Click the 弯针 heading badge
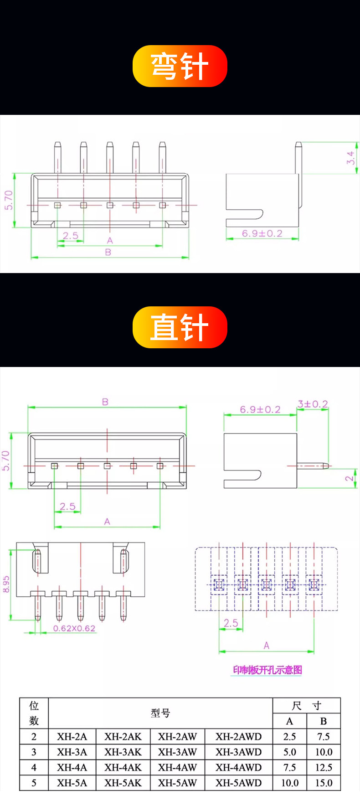(180, 66)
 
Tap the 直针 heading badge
(180, 327)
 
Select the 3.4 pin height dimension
(350, 158)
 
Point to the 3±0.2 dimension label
(313, 404)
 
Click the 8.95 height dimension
(6, 584)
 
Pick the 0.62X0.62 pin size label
(74, 628)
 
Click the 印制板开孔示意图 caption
(267, 670)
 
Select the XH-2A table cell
(72, 737)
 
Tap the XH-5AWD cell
(239, 783)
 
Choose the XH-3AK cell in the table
(123, 752)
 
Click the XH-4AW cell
(177, 768)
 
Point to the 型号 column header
(160, 713)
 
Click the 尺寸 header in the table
(307, 706)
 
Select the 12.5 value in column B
(324, 768)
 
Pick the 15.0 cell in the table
(324, 783)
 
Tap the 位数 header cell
(34, 713)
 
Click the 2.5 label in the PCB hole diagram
(231, 623)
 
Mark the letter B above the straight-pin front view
(105, 402)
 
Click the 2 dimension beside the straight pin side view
(349, 478)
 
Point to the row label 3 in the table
(34, 752)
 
